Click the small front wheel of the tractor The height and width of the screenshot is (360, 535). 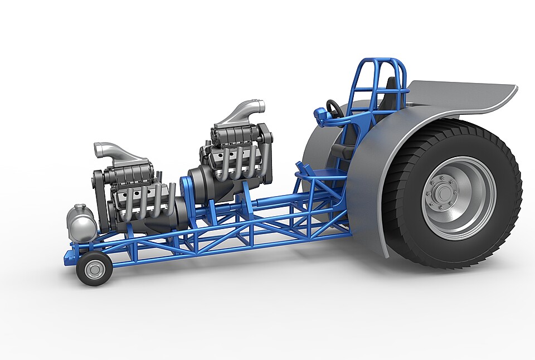[94, 269]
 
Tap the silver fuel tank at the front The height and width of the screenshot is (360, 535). [81, 223]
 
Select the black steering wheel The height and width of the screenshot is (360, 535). [334, 108]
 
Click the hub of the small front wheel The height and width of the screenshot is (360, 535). [94, 269]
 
